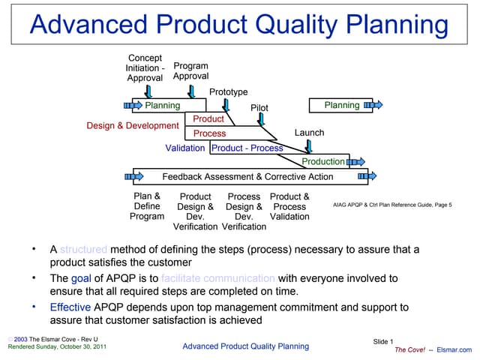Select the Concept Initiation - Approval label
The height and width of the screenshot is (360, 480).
(145, 67)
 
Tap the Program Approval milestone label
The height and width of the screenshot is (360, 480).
(191, 71)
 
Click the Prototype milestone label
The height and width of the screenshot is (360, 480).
(228, 91)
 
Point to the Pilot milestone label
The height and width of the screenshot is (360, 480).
(259, 108)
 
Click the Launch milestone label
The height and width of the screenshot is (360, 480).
(309, 133)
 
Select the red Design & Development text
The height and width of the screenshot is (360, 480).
(133, 125)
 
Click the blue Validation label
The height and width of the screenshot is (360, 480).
(184, 148)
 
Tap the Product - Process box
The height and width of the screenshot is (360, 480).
(247, 148)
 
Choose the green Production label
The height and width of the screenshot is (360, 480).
(323, 161)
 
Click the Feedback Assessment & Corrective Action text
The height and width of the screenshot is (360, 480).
(247, 177)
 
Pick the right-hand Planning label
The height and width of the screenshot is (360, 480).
(342, 105)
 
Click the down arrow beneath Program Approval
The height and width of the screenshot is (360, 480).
(192, 91)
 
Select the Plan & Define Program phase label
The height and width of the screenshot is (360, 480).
(147, 206)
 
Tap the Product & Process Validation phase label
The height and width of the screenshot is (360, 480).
(289, 206)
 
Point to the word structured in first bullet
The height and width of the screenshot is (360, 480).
(83, 249)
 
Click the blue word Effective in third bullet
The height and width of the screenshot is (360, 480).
(70, 307)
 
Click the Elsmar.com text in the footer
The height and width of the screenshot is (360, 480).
(454, 349)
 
